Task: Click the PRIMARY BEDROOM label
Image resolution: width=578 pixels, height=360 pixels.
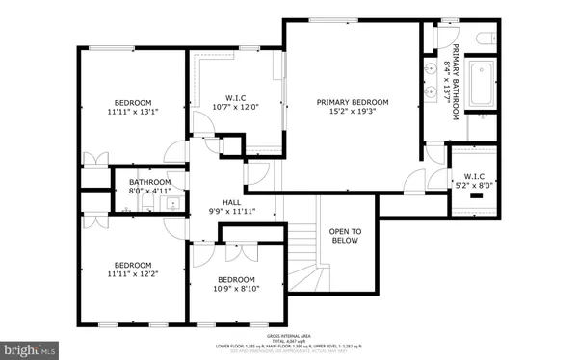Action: coord(353,102)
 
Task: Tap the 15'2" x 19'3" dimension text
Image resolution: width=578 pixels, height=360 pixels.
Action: coord(353,113)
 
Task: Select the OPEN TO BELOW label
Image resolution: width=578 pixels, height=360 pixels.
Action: coord(345,236)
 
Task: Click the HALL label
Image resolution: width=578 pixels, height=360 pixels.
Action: coord(231,201)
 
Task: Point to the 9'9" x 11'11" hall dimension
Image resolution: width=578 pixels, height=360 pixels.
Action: coord(231,211)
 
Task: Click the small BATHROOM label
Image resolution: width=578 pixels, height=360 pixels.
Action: coord(150,182)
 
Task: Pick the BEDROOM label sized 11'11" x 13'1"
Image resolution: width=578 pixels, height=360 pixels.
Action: coord(133,103)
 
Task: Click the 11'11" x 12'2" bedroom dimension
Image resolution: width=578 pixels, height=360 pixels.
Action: coord(133,274)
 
